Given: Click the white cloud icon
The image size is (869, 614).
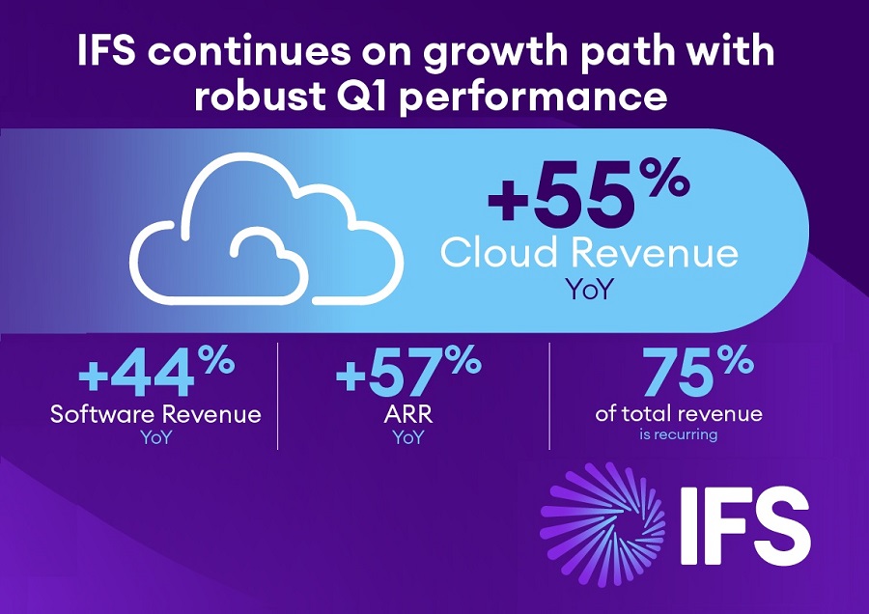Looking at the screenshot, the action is (266, 228).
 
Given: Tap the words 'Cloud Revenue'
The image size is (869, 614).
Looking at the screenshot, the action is (589, 253).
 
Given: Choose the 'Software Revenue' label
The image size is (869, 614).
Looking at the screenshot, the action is (155, 414).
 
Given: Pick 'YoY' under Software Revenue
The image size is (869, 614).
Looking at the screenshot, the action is (155, 437).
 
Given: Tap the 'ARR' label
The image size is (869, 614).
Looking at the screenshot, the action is (407, 414).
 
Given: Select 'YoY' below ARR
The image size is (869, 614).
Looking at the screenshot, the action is (408, 437).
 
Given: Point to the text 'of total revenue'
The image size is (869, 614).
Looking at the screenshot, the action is (679, 413).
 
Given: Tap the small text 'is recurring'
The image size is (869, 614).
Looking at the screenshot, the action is (679, 434).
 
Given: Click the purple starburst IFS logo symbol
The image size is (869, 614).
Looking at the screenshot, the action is (603, 523).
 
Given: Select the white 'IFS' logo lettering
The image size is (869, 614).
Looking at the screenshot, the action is (744, 525).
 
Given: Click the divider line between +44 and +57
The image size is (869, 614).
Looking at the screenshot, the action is (278, 396).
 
